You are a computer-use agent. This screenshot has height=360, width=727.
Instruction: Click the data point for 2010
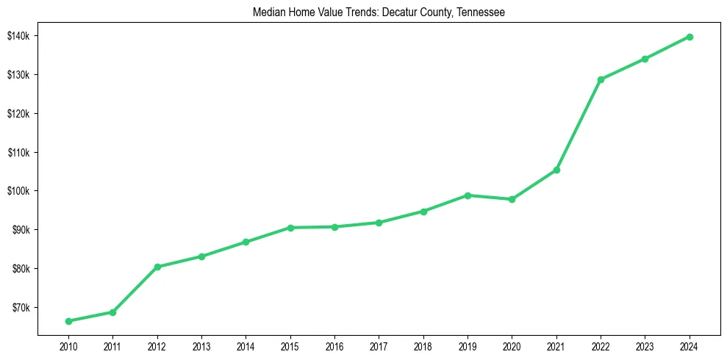point(68,321)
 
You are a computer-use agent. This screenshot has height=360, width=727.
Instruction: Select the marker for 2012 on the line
point(157,267)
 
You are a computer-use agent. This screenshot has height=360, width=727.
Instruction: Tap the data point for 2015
point(290,228)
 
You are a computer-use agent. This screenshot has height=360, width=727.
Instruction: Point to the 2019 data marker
point(468,195)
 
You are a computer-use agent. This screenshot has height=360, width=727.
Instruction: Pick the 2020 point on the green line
point(512,199)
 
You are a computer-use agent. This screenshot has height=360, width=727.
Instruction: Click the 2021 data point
point(556,170)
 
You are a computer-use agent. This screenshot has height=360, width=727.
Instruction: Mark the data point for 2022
point(601,79)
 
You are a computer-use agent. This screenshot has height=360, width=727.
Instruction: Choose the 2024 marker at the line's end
point(690,37)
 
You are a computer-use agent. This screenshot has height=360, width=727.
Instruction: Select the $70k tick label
point(18,307)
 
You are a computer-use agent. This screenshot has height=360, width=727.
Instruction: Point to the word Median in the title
point(268,12)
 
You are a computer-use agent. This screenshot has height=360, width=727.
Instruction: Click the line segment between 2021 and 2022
point(579,125)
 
